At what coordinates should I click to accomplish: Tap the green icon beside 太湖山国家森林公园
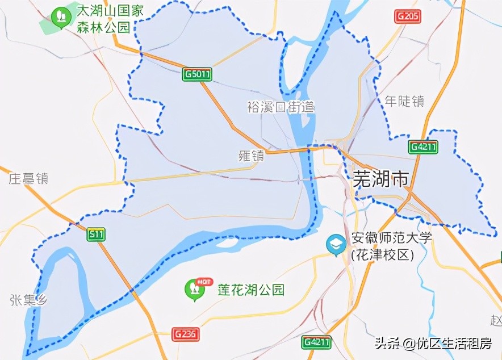[x=60, y=16]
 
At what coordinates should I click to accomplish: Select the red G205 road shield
[x=408, y=16]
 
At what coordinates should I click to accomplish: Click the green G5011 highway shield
[x=198, y=74]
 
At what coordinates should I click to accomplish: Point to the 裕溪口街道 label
[x=280, y=107]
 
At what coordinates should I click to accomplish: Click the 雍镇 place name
[x=251, y=156]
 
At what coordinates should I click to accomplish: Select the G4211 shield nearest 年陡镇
[x=424, y=147]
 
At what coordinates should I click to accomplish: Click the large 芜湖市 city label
[x=380, y=179]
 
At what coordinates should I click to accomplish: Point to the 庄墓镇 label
[x=28, y=179]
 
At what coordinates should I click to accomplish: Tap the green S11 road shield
[x=97, y=233]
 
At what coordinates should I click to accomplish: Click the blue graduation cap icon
[x=336, y=245]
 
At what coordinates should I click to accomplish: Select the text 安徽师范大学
[x=391, y=238]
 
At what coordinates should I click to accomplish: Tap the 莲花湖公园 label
[x=251, y=290]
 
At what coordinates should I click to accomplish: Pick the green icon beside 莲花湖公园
[x=195, y=289]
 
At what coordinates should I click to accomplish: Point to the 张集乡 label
[x=27, y=300]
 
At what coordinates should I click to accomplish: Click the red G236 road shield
[x=186, y=334]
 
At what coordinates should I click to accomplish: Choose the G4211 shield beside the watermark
[x=316, y=342]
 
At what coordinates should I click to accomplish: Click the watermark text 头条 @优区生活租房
[x=432, y=343]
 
